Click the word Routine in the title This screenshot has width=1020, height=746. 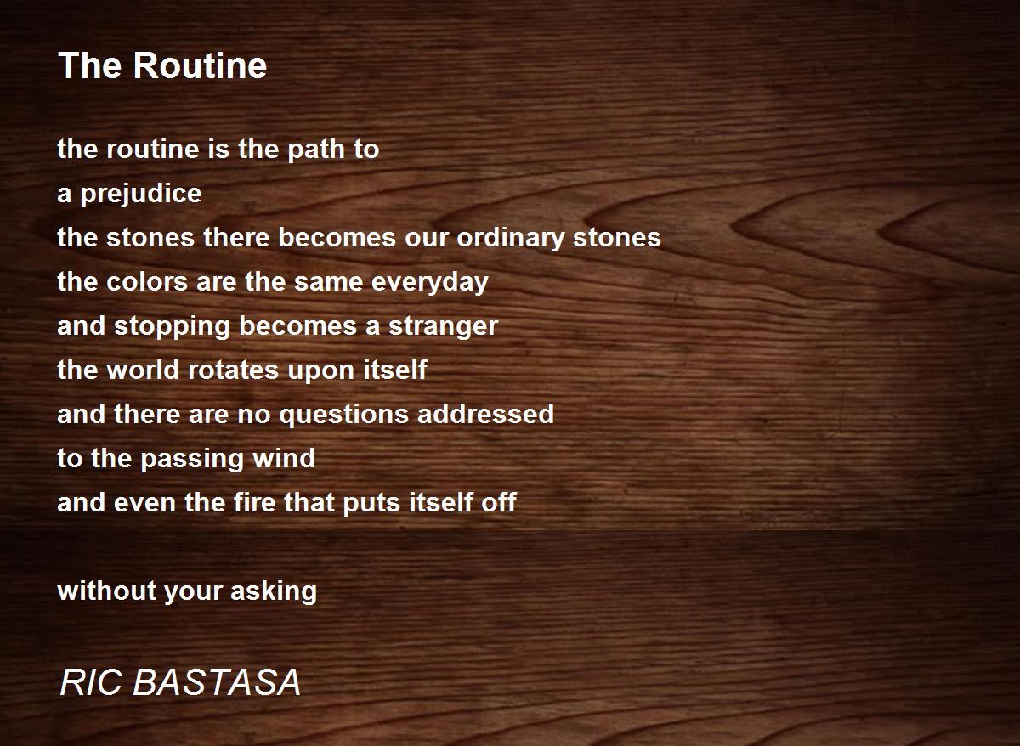200,65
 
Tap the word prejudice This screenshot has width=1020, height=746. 141,195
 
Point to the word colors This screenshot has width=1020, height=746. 147,282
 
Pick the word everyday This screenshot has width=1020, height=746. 430,283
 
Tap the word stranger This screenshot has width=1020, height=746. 443,327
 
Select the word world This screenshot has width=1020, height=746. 143,370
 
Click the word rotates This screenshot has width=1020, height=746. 233,370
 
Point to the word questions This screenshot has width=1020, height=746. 343,415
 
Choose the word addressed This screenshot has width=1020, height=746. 485,414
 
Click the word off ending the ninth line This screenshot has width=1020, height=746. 499,502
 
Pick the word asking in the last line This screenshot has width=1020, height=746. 274,591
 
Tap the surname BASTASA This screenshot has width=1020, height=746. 217,683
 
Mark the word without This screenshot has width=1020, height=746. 107,591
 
